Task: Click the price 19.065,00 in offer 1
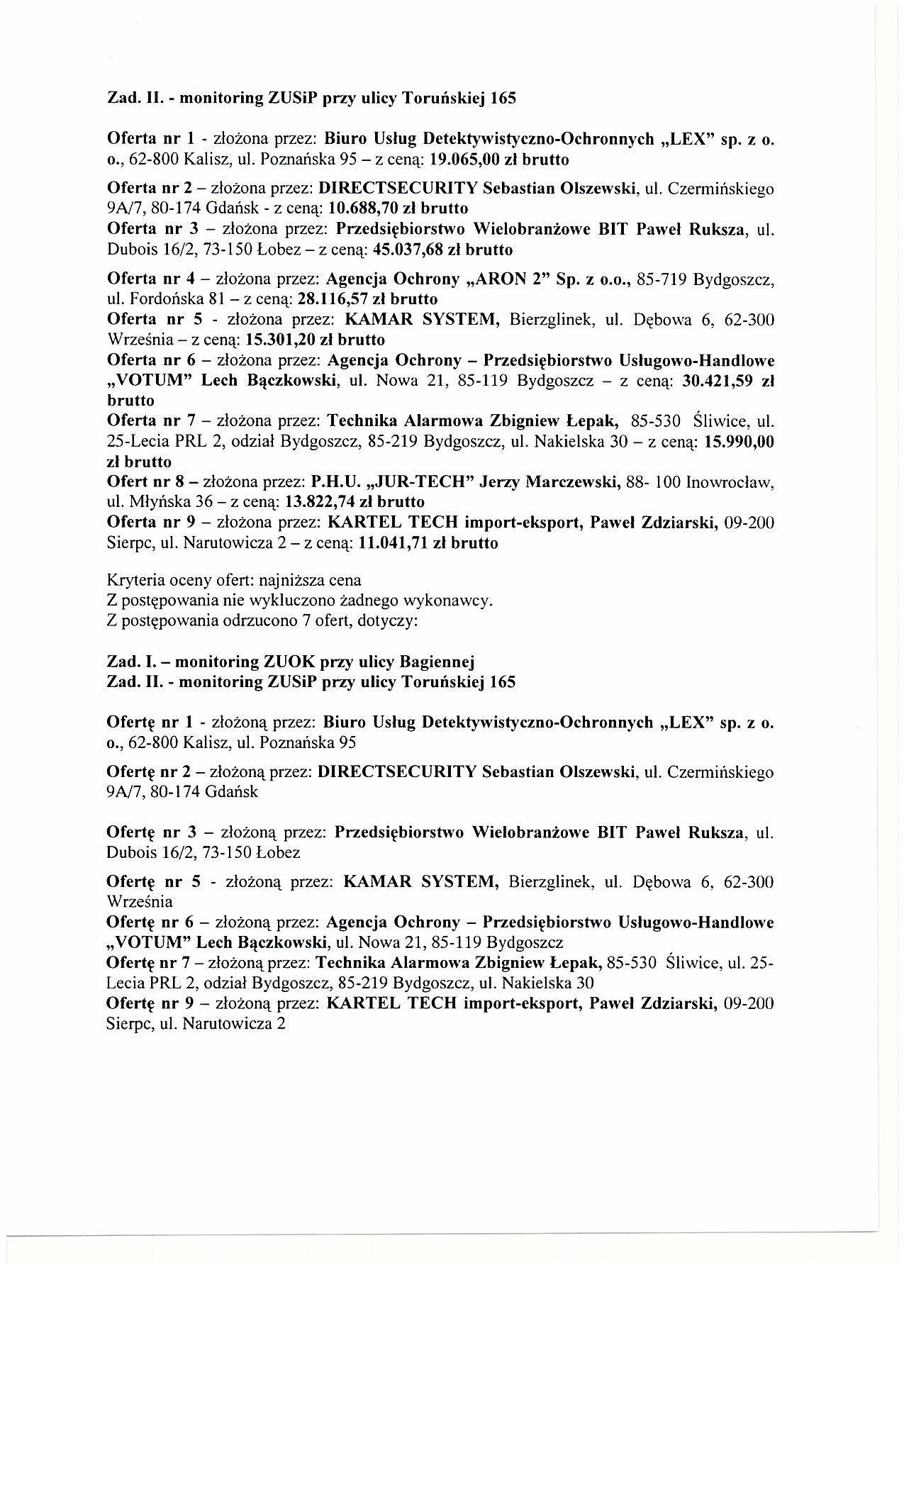point(470,160)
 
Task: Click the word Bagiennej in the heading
point(437,662)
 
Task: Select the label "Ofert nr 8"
point(145,483)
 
